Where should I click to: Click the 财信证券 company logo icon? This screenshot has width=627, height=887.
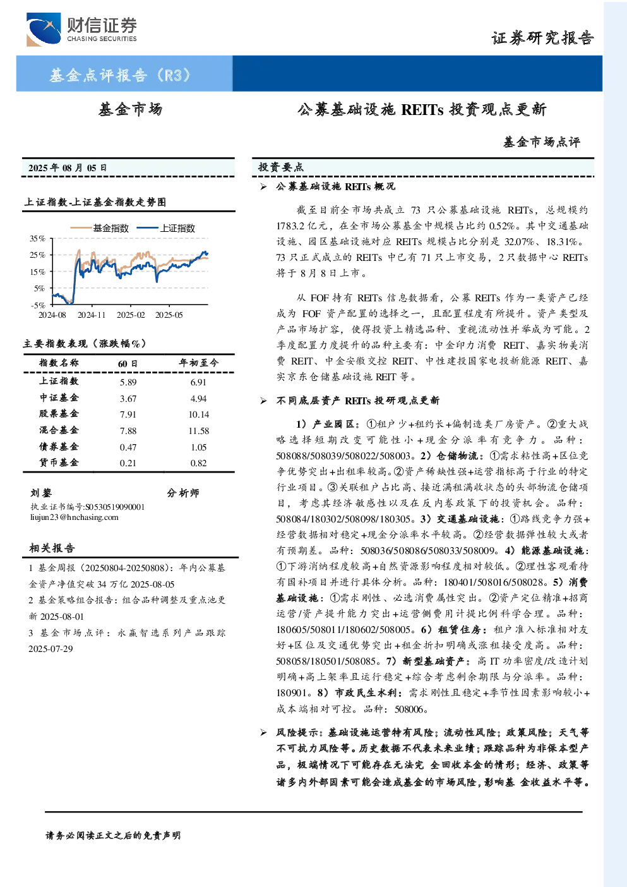[44, 29]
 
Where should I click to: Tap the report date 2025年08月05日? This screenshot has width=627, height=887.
[68, 168]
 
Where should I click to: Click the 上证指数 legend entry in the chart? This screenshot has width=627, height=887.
[166, 228]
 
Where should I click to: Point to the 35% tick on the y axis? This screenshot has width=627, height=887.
[38, 238]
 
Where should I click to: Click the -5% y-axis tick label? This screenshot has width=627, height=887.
[38, 305]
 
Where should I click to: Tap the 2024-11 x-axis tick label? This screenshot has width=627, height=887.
[92, 315]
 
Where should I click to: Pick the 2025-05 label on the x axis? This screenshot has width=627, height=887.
[169, 315]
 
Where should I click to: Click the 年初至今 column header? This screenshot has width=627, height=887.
[199, 363]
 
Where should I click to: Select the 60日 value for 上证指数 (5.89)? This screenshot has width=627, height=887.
[128, 382]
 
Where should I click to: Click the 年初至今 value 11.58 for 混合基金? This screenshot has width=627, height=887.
[199, 431]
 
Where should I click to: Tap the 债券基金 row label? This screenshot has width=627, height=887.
[59, 447]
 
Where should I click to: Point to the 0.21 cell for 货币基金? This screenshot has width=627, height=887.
[128, 463]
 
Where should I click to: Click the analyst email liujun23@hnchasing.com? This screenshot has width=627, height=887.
[75, 517]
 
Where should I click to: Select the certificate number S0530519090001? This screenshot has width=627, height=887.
[115, 507]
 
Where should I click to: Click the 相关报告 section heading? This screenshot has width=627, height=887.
[52, 548]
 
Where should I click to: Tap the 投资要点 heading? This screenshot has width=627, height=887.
[281, 167]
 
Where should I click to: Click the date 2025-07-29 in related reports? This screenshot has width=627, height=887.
[51, 649]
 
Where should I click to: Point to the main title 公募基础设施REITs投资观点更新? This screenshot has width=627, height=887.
[422, 109]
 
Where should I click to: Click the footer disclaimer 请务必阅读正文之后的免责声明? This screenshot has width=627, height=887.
[113, 836]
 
